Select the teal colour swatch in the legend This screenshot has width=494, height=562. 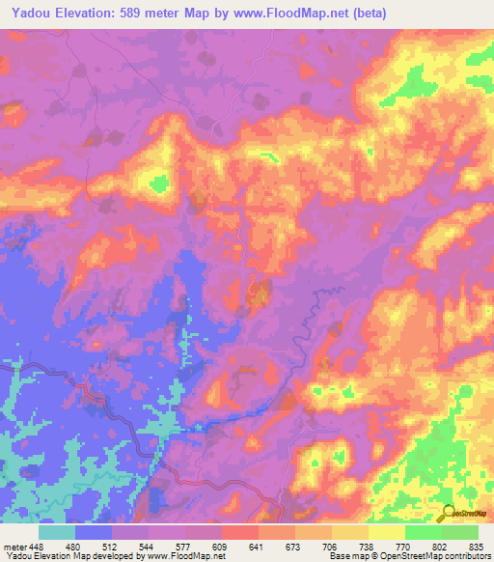pyautogui.click(x=57, y=531)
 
